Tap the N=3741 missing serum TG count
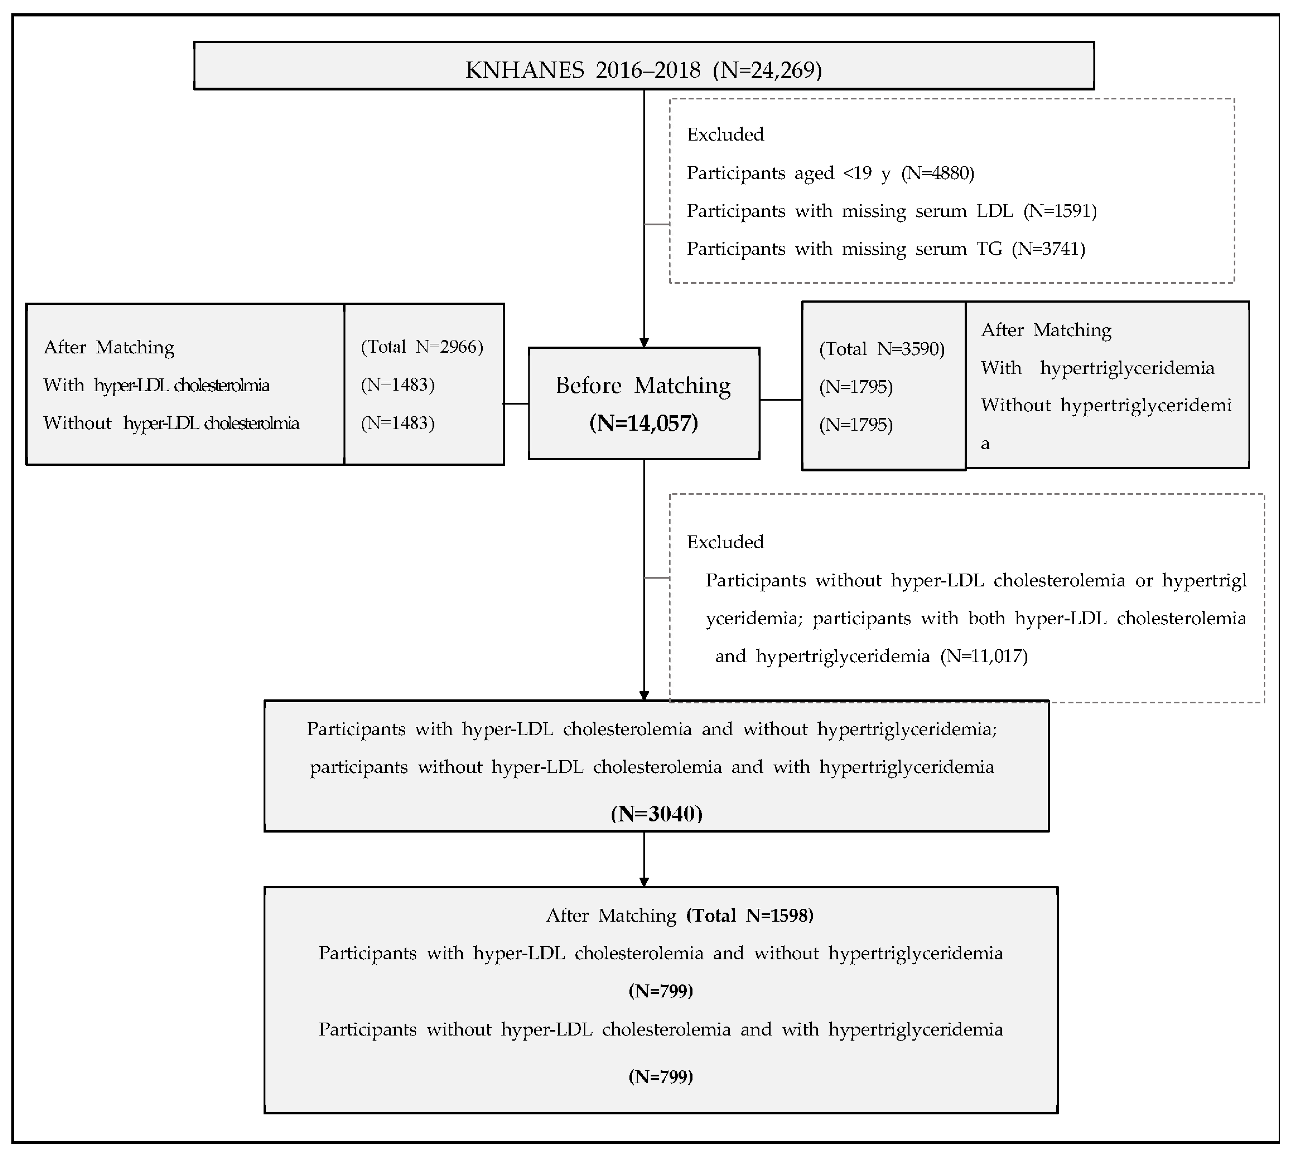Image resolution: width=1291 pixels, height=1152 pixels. point(1048,249)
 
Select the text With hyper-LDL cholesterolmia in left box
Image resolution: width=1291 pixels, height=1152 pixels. point(156,385)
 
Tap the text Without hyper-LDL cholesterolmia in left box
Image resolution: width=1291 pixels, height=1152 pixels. point(171,423)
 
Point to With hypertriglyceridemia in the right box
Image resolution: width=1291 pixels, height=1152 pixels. point(1097,368)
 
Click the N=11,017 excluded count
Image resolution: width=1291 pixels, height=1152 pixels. point(984,656)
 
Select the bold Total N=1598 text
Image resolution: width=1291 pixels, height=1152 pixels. point(750,915)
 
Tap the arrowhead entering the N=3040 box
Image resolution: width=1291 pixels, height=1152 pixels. point(644,696)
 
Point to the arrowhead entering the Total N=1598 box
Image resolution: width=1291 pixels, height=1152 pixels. point(644,882)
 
